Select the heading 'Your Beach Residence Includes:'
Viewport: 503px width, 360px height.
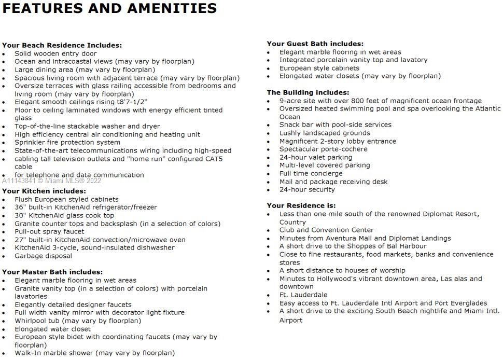point(62,45)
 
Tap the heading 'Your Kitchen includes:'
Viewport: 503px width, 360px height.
point(44,191)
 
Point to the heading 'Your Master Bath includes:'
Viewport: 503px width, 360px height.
point(52,272)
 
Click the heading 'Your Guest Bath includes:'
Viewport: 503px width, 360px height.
point(315,44)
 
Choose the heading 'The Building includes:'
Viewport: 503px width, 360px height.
point(308,92)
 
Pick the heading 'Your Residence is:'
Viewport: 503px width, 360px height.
point(301,205)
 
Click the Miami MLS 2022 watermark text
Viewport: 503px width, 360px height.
point(52,181)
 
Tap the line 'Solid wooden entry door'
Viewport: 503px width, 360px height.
point(55,53)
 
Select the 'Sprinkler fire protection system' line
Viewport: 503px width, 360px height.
point(67,142)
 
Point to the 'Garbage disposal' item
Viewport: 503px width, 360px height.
point(44,256)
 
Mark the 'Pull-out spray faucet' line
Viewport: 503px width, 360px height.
point(49,231)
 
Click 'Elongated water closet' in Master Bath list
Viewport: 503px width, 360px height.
point(52,329)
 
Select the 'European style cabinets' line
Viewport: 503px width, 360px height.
point(319,68)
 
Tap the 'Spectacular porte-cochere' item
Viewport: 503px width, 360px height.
point(324,149)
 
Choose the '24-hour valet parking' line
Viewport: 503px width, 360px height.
point(316,157)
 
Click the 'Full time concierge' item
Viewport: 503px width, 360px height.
point(311,173)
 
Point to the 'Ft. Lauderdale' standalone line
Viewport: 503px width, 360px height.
point(303,295)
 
